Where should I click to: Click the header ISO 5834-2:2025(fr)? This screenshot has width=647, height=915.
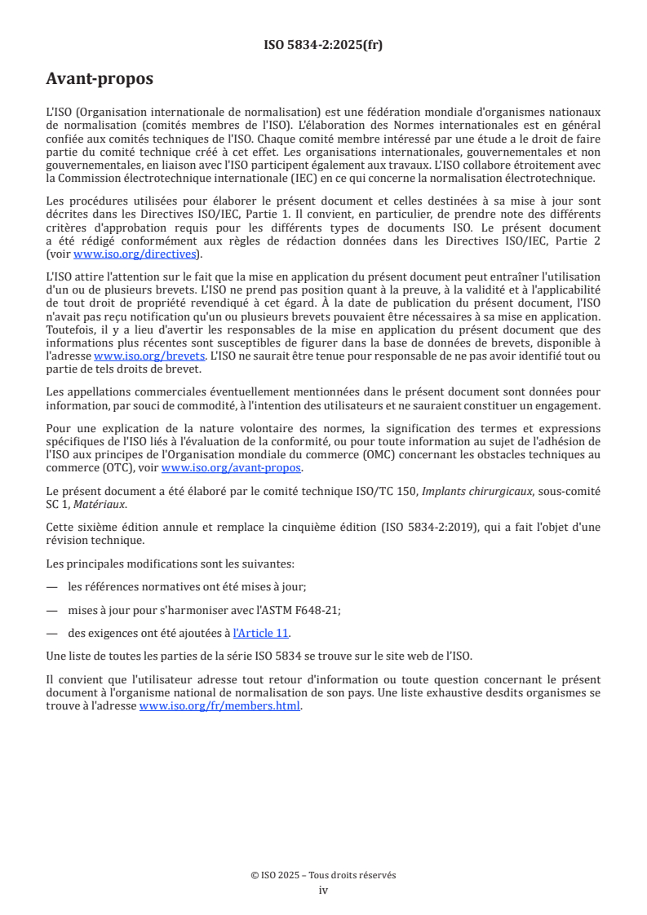pyautogui.click(x=323, y=45)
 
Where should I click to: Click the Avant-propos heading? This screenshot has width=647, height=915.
pyautogui.click(x=100, y=79)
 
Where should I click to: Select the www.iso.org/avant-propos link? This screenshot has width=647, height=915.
pyautogui.click(x=232, y=468)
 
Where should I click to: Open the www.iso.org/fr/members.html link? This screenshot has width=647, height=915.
pyautogui.click(x=220, y=706)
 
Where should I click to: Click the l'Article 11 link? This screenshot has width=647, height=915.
pyautogui.click(x=261, y=633)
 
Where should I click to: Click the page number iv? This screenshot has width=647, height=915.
pyautogui.click(x=323, y=890)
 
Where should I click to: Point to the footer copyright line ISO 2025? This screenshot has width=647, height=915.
pyautogui.click(x=323, y=875)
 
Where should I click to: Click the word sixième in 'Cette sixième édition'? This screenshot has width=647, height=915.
pyautogui.click(x=98, y=527)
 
